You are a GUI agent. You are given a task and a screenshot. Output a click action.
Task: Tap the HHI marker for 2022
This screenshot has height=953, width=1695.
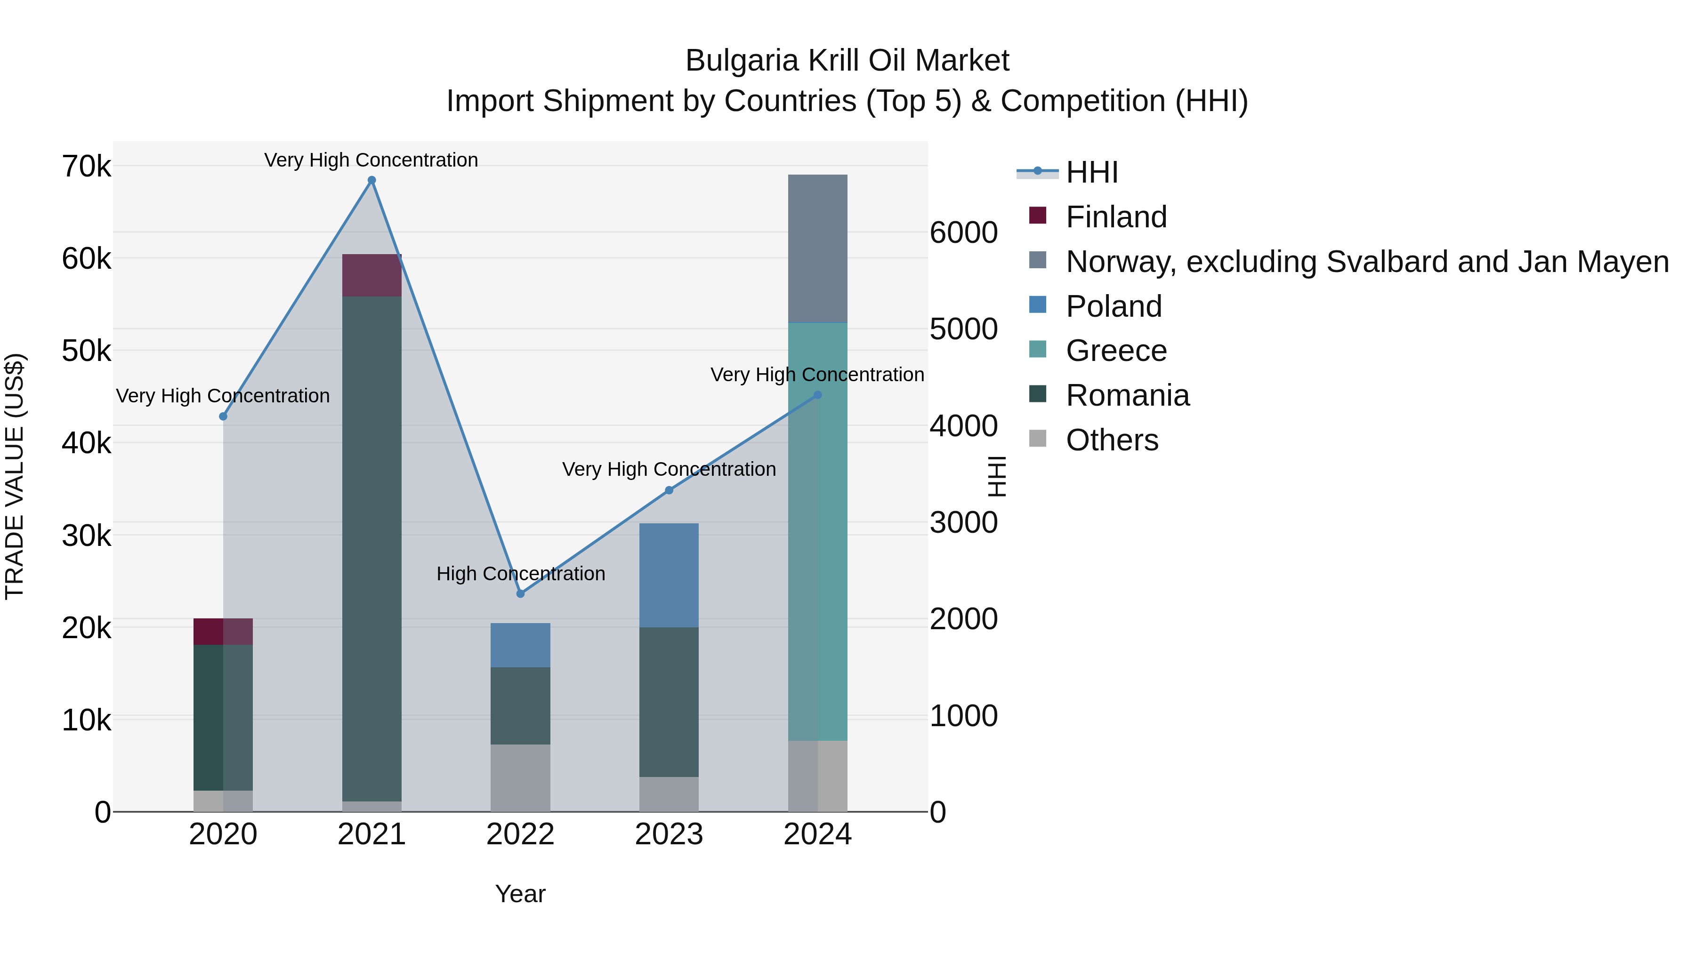(x=520, y=594)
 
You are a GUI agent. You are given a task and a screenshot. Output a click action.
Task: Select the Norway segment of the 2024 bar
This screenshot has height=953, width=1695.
(x=817, y=248)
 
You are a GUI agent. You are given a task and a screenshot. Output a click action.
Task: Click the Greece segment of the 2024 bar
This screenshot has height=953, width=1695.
(x=817, y=531)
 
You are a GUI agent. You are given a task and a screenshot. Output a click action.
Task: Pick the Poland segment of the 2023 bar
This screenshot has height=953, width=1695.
(x=669, y=576)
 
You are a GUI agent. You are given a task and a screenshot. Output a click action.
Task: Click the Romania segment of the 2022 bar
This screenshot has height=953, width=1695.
(x=520, y=706)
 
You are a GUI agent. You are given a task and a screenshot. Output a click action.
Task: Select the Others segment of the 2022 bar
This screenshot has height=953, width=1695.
(x=520, y=778)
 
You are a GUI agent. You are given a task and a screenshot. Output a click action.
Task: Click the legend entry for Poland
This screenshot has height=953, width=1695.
(x=1114, y=306)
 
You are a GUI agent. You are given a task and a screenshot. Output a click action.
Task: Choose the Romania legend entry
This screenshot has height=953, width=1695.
(x=1127, y=396)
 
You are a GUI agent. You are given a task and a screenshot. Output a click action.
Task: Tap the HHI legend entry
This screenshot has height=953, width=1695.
(x=1091, y=172)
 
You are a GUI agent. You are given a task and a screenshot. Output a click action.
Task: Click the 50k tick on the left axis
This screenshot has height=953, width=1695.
(x=86, y=351)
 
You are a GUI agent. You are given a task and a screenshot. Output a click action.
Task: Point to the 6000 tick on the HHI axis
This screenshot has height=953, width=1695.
(x=963, y=233)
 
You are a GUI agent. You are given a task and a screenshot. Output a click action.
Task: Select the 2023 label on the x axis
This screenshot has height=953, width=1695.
(x=669, y=834)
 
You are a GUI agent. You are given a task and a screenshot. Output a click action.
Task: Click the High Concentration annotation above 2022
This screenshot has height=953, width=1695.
(x=520, y=574)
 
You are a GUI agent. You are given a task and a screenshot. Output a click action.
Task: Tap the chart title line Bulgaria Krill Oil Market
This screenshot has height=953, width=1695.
(x=847, y=61)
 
